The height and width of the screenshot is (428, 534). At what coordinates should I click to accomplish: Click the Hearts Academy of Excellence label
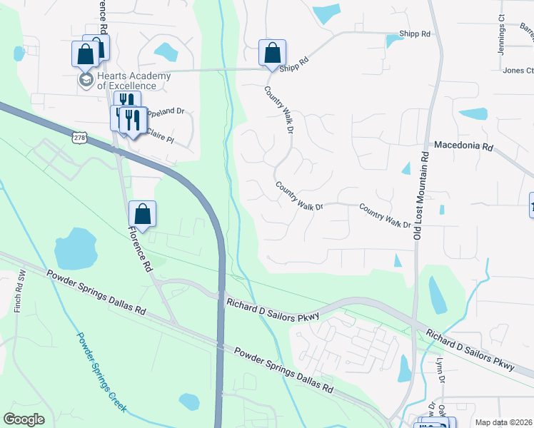133,81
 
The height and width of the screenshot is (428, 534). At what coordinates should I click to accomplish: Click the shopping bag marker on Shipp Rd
272,53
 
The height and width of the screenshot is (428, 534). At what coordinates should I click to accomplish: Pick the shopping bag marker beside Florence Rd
142,214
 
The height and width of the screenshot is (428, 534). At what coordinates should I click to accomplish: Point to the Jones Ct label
518,71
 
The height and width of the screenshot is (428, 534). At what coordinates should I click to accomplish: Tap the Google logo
24,419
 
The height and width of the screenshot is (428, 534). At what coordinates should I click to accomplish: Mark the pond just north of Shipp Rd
327,14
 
